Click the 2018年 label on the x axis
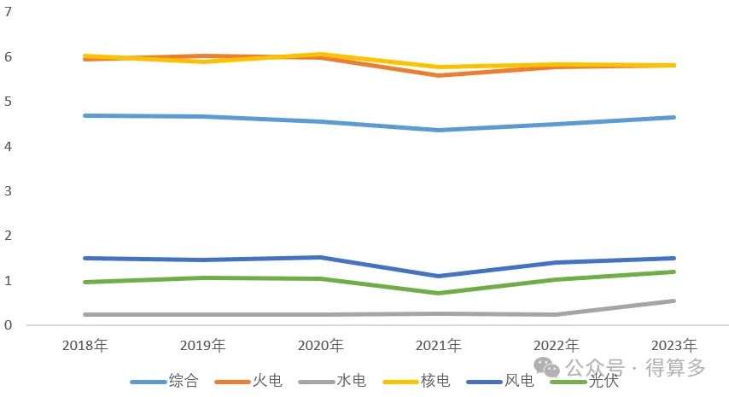coord(85,346)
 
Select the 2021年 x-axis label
coord(439,346)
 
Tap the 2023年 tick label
coord(674,346)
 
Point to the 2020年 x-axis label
coord(321,346)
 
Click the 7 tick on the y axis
coord(8,12)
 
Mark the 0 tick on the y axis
coord(8,325)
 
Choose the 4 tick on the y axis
coord(8,147)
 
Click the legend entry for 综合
coord(165,381)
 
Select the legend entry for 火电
coord(248,381)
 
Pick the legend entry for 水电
coord(332,381)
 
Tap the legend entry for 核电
coord(417,381)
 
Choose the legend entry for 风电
coord(500,381)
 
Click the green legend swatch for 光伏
coord(569,382)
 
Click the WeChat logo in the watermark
coord(546,367)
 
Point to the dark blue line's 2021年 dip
coord(439,276)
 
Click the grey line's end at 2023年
coord(674,301)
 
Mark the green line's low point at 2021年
coord(439,293)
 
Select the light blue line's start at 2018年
coord(85,115)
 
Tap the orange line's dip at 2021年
coord(439,75)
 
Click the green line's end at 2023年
coord(674,272)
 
